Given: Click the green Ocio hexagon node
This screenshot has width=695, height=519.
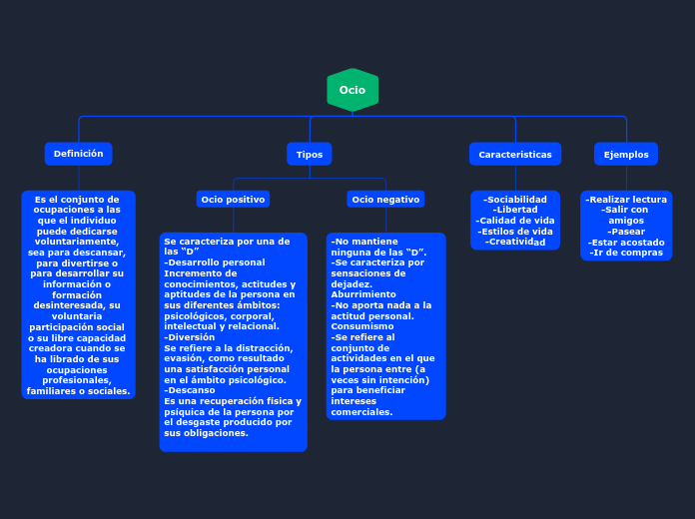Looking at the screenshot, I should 352,90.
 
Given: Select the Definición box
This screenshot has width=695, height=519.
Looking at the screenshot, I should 78,154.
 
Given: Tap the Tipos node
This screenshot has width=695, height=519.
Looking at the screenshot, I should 310,155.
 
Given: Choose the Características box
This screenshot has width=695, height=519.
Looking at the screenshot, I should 515,155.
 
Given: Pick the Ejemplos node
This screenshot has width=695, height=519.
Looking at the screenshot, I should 626,155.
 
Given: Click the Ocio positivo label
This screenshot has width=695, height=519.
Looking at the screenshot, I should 233,200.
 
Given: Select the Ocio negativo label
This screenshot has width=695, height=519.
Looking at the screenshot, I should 385,200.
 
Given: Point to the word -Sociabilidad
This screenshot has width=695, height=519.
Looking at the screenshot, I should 515,200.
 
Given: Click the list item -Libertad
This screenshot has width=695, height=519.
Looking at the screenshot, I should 515,210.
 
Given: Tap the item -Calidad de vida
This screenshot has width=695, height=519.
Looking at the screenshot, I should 515,221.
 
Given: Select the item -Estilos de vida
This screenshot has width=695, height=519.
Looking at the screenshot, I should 515,232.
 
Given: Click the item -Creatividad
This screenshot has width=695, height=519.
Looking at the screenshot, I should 515,242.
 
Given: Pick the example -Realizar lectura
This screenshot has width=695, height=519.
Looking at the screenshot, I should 626,200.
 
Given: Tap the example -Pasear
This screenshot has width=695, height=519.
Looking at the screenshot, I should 626,232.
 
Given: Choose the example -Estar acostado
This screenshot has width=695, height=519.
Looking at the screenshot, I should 626,243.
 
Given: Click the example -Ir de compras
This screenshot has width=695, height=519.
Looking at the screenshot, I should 626,253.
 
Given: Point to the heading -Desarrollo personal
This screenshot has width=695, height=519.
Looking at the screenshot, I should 215,262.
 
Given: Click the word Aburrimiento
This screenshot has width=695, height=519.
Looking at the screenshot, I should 363,294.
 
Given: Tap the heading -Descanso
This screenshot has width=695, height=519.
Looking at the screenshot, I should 190,390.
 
